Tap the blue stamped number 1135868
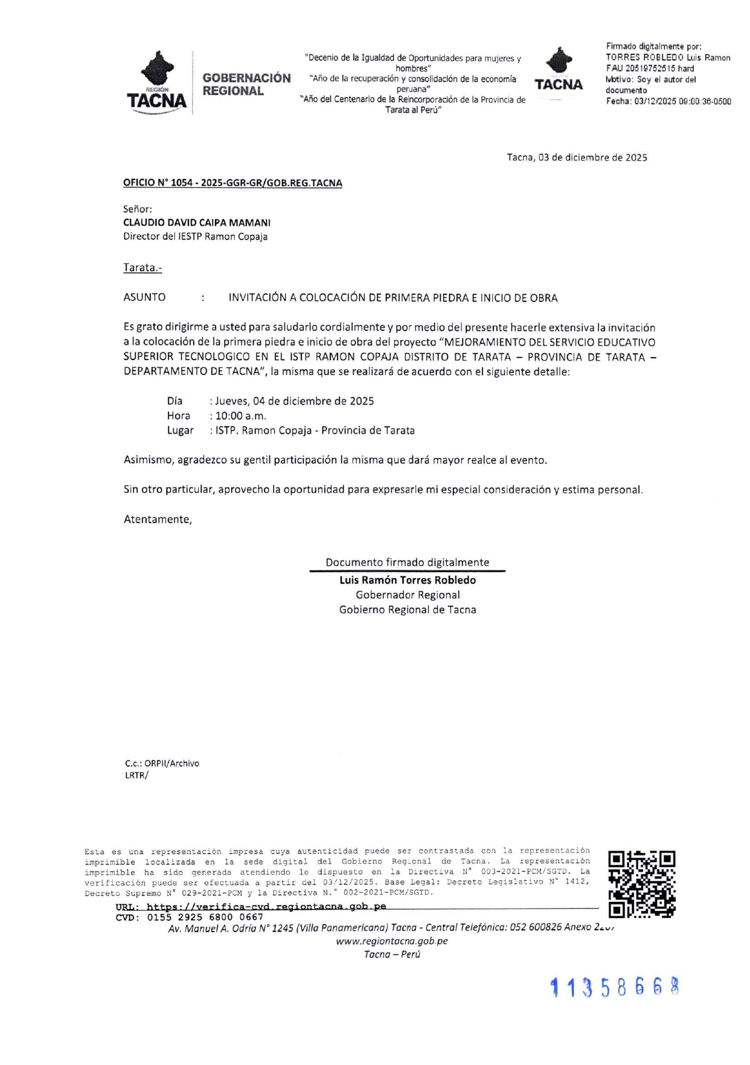615,987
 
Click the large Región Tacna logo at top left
157,82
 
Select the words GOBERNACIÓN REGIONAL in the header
246,85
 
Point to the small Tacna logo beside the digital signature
559,70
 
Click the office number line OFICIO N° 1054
232,183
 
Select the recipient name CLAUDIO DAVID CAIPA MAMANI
197,222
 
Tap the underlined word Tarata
143,268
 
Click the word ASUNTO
144,298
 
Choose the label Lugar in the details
180,431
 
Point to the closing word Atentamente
158,520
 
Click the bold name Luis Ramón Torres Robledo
408,580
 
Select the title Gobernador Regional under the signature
408,595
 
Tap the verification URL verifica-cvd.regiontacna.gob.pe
266,907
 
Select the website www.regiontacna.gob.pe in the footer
392,941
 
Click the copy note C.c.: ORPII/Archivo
162,764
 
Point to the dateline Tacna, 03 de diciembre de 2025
577,158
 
